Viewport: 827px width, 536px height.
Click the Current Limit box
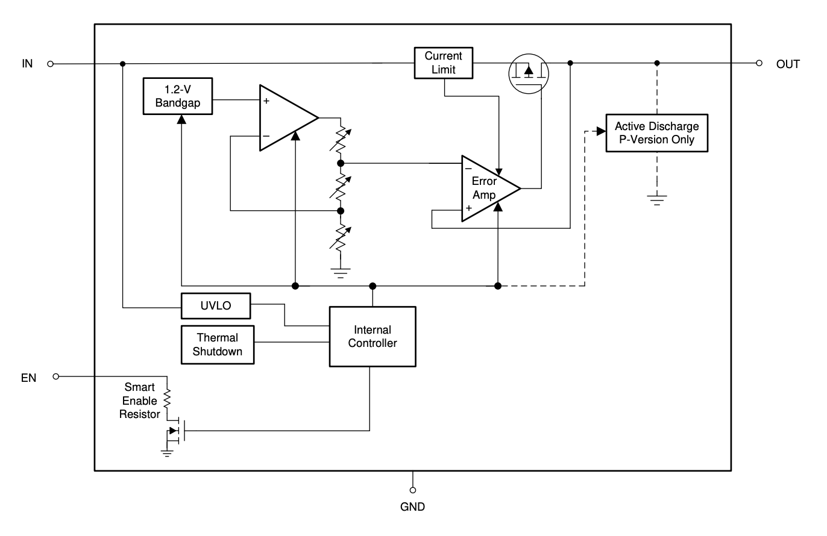pyautogui.click(x=444, y=63)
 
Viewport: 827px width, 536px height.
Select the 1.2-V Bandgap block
pyautogui.click(x=178, y=96)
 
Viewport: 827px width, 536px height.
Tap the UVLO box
pyautogui.click(x=216, y=306)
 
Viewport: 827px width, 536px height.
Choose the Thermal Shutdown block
pyautogui.click(x=218, y=344)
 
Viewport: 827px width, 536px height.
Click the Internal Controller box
pyautogui.click(x=373, y=337)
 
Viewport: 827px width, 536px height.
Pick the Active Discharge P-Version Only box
pyautogui.click(x=657, y=133)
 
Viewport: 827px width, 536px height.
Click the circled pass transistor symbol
pyautogui.click(x=529, y=74)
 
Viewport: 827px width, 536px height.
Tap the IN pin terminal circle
pyautogui.click(x=51, y=64)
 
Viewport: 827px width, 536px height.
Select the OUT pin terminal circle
pyautogui.click(x=759, y=63)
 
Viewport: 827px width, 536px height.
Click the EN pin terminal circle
pyautogui.click(x=55, y=376)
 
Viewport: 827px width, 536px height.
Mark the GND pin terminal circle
pyautogui.click(x=413, y=490)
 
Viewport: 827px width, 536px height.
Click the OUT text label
pyautogui.click(x=788, y=64)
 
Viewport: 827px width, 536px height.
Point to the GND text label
pyautogui.click(x=412, y=506)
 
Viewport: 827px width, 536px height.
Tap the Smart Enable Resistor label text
pyautogui.click(x=140, y=400)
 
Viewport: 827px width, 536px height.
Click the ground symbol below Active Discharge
pyautogui.click(x=657, y=201)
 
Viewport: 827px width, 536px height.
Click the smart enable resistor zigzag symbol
pyautogui.click(x=167, y=399)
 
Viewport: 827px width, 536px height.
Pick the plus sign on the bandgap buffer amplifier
pyautogui.click(x=266, y=101)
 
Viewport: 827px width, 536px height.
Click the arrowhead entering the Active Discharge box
pyautogui.click(x=601, y=131)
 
